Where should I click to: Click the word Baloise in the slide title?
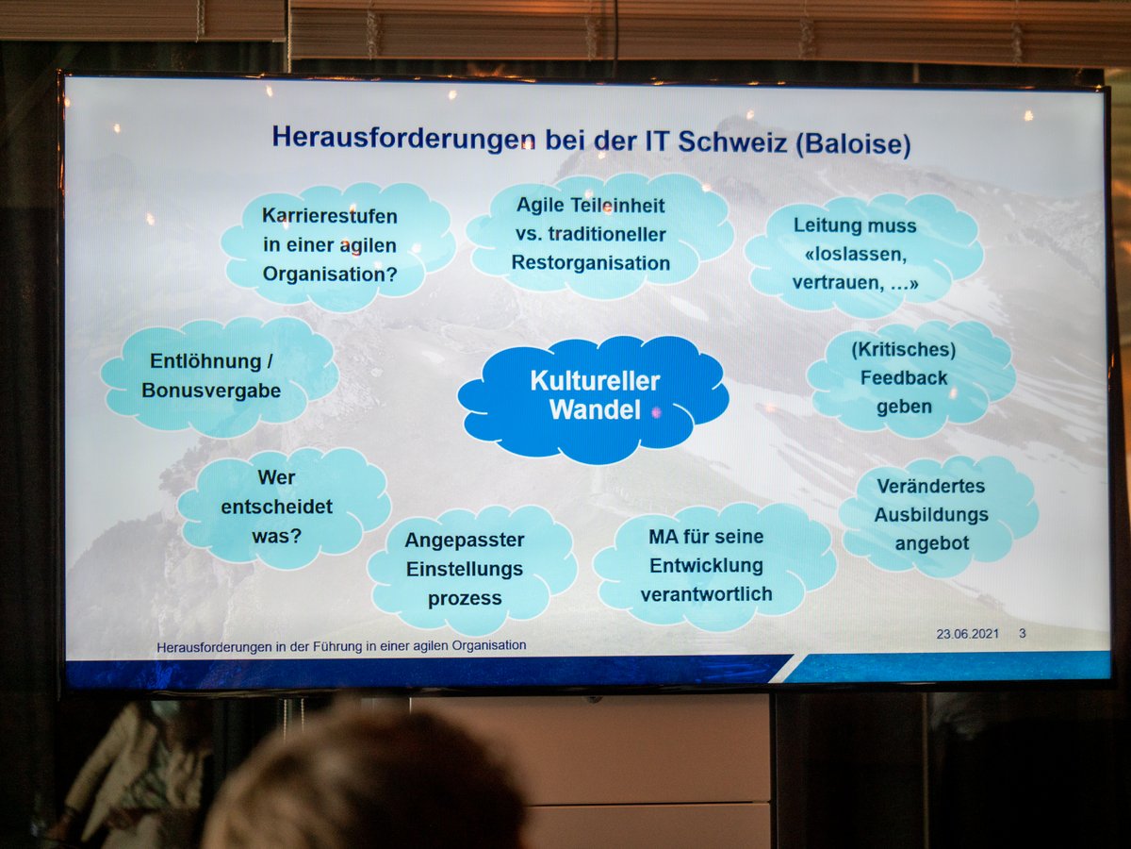tap(853, 143)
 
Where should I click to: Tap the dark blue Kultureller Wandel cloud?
tap(594, 398)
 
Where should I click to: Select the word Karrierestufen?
tap(330, 216)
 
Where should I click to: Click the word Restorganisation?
tap(591, 263)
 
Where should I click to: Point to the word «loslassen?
tap(856, 255)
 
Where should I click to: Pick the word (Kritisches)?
tap(904, 349)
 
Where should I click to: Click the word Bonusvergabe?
tap(211, 391)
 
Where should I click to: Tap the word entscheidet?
tap(277, 507)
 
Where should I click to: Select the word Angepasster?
tap(465, 541)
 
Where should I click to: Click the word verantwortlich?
tap(707, 594)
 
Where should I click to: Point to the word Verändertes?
tap(931, 486)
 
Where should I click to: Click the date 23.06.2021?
tap(968, 634)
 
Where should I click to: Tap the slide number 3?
tap(1023, 634)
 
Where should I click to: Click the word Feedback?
tap(904, 378)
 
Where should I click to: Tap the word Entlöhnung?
tap(205, 361)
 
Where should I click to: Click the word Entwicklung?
tap(707, 565)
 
